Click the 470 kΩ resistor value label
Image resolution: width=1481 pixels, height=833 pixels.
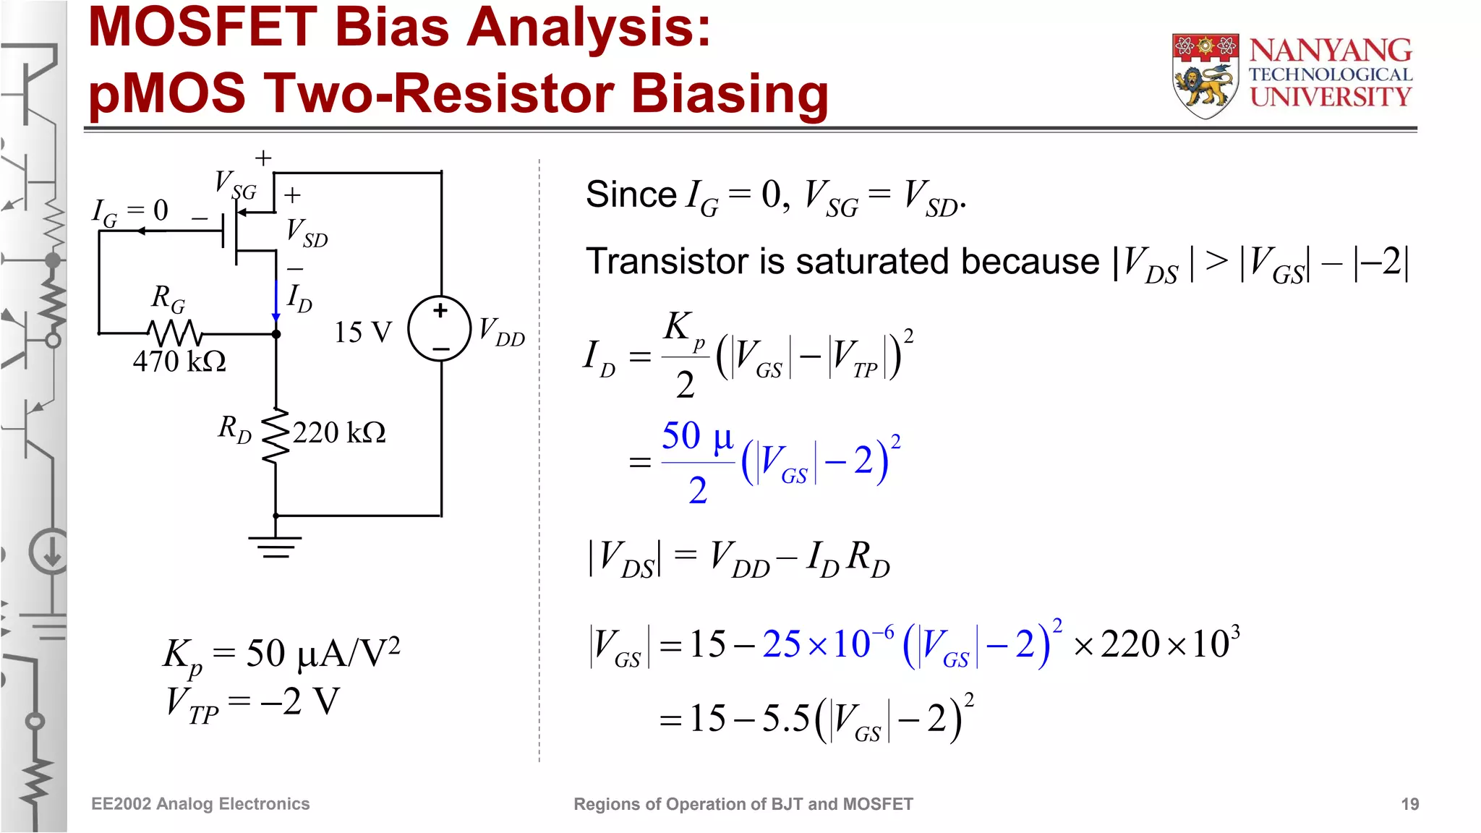pos(179,361)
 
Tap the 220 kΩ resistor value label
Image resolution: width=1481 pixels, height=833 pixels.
pos(338,432)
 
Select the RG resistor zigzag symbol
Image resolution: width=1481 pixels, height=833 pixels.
pos(174,333)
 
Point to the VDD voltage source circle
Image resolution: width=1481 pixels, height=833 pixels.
pos(440,329)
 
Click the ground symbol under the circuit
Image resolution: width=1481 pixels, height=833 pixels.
pos(275,547)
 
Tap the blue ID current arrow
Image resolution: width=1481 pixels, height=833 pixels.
pos(276,300)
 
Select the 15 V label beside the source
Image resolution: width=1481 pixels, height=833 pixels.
pos(362,333)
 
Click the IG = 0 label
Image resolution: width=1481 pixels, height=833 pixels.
pos(130,212)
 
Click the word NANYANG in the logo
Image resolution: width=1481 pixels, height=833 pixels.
pos(1330,51)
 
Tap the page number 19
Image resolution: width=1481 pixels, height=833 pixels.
pos(1409,804)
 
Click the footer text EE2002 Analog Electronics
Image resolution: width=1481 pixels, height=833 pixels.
pos(200,804)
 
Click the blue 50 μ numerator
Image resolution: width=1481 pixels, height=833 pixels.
pos(697,437)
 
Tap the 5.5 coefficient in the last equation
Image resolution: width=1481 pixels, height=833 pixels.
pos(785,718)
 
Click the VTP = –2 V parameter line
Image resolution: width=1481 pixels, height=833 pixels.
pos(252,702)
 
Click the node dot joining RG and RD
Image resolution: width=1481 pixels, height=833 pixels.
pos(276,334)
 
